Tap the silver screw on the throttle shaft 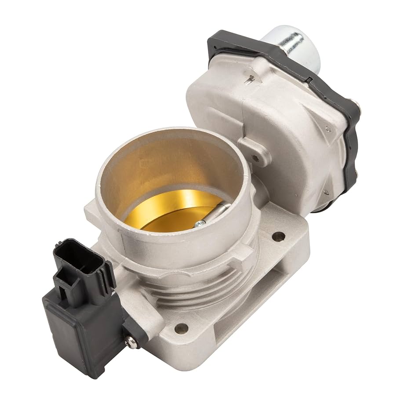point(200,224)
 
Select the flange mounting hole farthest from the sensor point(278,237)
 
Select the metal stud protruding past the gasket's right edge point(356,106)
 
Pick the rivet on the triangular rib point(328,129)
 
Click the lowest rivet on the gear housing point(326,192)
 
